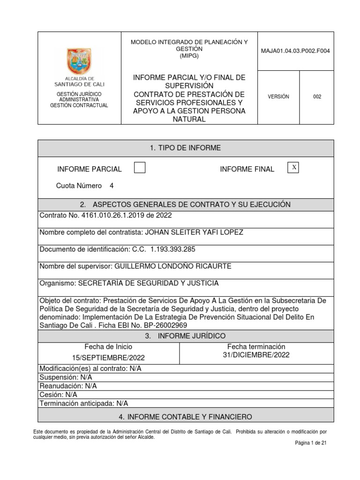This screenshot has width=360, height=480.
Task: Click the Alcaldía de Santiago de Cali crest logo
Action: [79, 61]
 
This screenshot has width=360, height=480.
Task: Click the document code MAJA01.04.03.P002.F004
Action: [295, 51]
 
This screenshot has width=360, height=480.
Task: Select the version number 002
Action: [317, 97]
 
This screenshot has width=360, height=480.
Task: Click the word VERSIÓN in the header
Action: [278, 97]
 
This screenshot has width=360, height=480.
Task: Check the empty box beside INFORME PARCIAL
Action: [139, 168]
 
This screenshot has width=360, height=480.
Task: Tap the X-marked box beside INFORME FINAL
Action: [293, 168]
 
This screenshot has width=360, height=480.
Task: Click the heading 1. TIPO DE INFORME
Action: [185, 148]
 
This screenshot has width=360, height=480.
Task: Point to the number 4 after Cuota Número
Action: [112, 186]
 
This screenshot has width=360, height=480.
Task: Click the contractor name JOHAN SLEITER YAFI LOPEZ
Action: [194, 232]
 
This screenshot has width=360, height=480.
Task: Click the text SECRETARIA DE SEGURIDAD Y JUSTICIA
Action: [148, 283]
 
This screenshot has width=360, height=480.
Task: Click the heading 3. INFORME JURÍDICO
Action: [185, 336]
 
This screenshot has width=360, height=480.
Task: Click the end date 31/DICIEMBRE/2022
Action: [256, 355]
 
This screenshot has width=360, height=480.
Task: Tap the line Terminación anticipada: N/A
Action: [84, 403]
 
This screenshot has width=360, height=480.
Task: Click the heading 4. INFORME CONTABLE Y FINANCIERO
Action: [185, 416]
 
